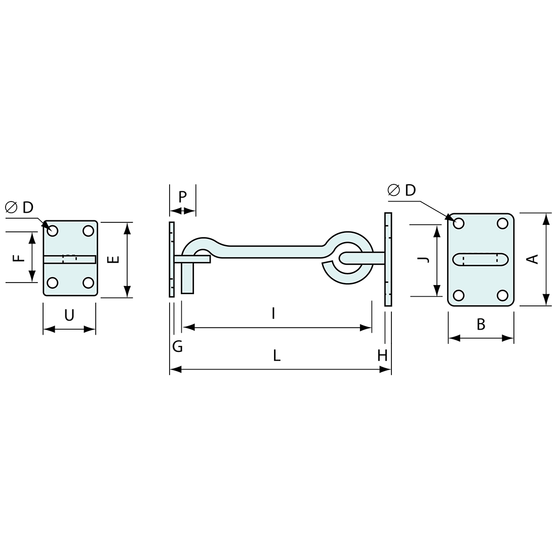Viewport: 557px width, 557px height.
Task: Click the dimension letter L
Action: (x=276, y=356)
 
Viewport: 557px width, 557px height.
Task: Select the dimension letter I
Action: (x=273, y=314)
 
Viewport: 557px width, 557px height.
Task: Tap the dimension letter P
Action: (x=183, y=196)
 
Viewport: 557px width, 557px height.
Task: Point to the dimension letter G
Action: (x=177, y=346)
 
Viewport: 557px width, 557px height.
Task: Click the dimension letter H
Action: (x=382, y=356)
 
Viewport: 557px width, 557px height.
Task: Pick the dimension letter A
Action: (x=532, y=259)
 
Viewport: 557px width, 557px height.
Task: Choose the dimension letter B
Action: (x=481, y=325)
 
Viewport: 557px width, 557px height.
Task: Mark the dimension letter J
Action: (x=424, y=259)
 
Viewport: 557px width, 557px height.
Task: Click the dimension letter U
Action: (x=69, y=315)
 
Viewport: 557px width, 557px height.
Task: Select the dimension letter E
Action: (x=114, y=259)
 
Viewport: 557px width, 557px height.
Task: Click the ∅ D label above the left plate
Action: (x=19, y=207)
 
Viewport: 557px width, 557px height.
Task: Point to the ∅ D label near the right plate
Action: (x=402, y=190)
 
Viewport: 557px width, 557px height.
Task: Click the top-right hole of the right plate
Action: (x=502, y=223)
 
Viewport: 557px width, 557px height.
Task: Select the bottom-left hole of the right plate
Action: (x=459, y=295)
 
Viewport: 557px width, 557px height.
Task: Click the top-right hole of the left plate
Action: (x=88, y=231)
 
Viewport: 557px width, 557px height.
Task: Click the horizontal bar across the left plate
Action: (x=69, y=259)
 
